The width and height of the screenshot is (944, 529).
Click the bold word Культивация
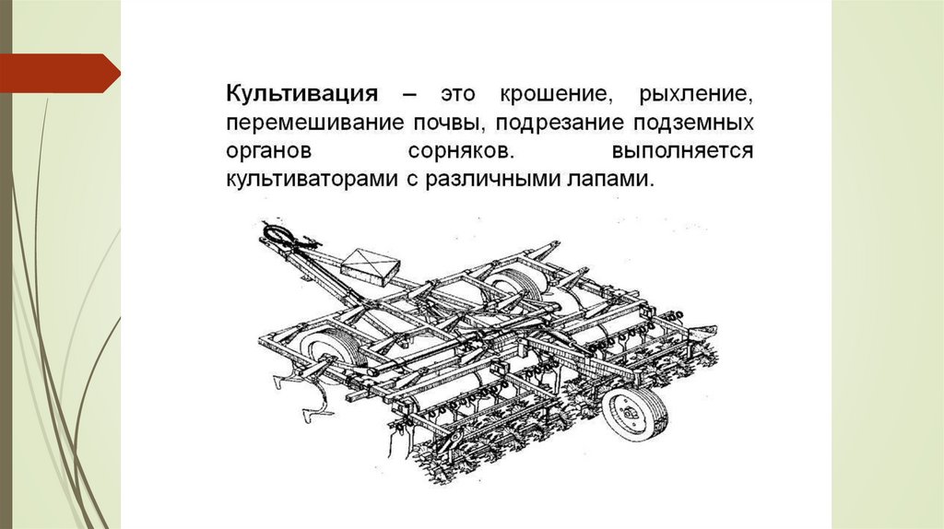click(x=302, y=95)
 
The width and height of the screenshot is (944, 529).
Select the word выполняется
click(x=683, y=150)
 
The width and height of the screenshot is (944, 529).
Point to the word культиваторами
click(x=312, y=180)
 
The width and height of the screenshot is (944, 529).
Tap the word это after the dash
click(x=458, y=95)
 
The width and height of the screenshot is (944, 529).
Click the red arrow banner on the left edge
click(x=60, y=74)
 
